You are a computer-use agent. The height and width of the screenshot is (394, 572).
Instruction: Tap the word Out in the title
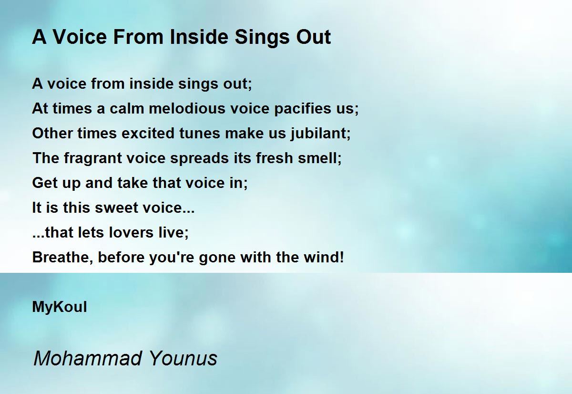click(314, 37)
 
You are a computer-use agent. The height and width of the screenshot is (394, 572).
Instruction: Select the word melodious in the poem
click(187, 108)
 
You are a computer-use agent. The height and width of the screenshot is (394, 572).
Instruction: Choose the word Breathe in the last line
click(62, 258)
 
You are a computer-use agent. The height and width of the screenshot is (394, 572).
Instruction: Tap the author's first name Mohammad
click(88, 358)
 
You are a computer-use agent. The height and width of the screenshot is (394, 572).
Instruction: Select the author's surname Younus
click(183, 358)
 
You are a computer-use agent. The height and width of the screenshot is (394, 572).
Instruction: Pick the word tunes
click(199, 133)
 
